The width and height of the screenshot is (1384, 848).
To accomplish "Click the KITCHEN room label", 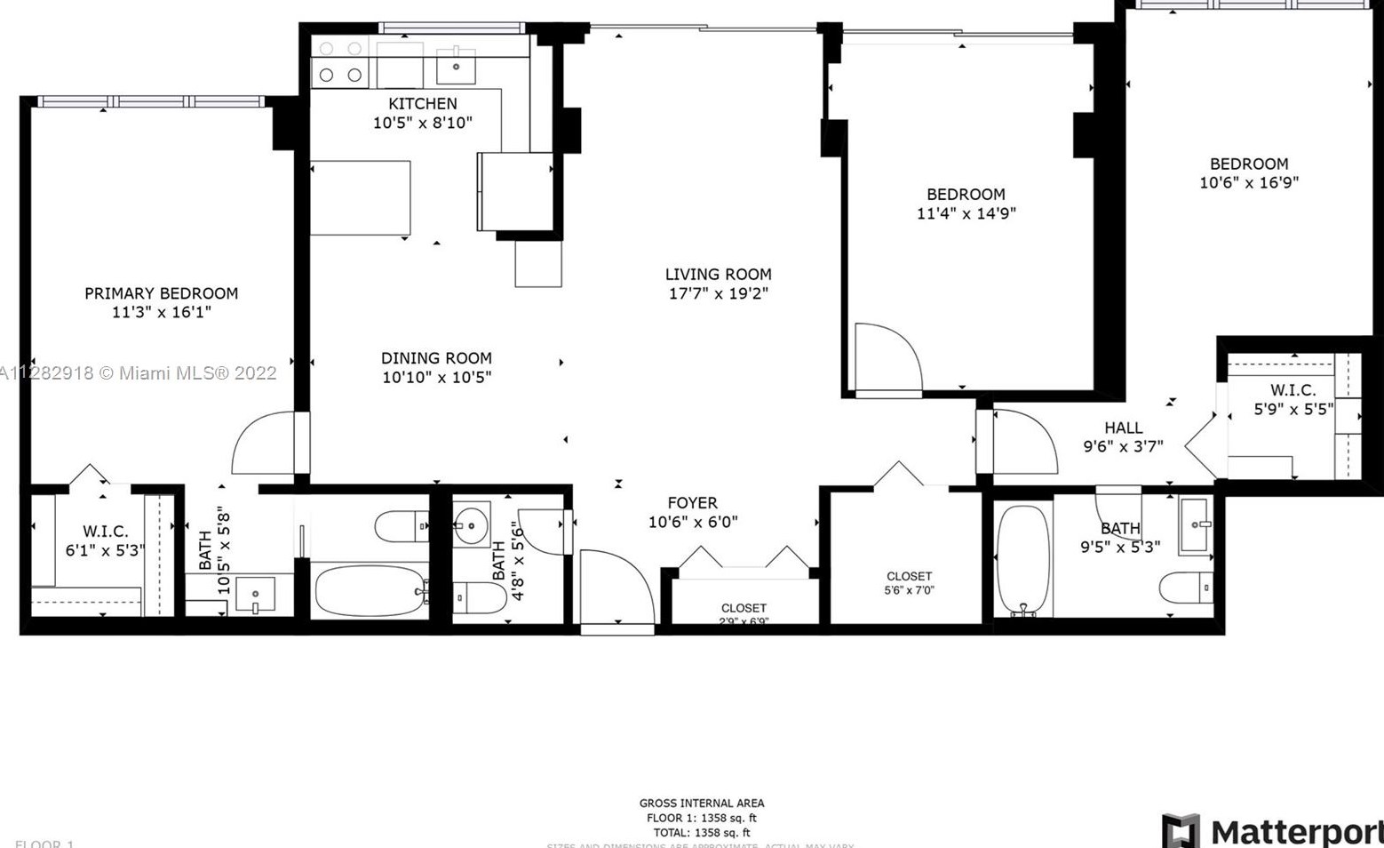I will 423,104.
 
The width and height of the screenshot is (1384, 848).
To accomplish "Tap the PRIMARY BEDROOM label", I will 161,293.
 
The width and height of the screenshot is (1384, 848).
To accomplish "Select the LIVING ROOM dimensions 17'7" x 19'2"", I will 718,293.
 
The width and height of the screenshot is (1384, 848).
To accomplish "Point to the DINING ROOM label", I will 436,358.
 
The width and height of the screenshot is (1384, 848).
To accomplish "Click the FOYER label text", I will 693,503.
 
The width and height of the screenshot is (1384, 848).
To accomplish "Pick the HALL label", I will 1124,428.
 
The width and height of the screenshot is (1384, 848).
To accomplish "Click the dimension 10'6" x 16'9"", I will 1249,182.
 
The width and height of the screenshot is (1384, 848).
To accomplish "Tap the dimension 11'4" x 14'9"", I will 966,213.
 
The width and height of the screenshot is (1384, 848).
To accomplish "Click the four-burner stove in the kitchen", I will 340,62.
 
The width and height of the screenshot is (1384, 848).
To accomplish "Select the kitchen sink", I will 456,65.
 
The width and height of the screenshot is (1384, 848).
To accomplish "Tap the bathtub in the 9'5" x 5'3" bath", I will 1023,560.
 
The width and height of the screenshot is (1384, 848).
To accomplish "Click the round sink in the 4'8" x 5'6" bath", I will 471,525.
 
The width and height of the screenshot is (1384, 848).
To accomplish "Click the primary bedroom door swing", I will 265,444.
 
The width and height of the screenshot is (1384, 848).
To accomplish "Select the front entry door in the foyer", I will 616,588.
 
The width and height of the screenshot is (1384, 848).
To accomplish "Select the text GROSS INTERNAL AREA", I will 702,803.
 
